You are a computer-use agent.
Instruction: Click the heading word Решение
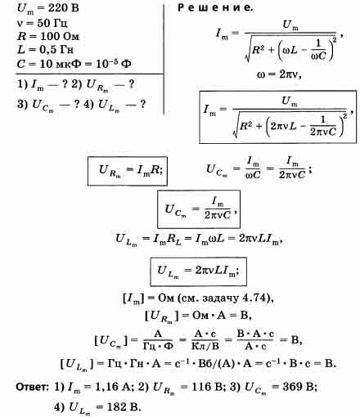(215, 7)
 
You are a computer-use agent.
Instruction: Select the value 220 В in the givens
(64, 7)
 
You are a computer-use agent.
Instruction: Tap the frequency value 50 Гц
(52, 23)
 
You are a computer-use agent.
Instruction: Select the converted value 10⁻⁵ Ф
(114, 63)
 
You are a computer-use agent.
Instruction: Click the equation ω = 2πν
(279, 74)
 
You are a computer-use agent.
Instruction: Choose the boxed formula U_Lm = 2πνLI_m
(198, 271)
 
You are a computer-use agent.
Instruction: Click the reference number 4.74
(254, 298)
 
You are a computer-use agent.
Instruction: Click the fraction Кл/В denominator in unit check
(205, 347)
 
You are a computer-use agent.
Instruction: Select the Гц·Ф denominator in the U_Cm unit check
(158, 347)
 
